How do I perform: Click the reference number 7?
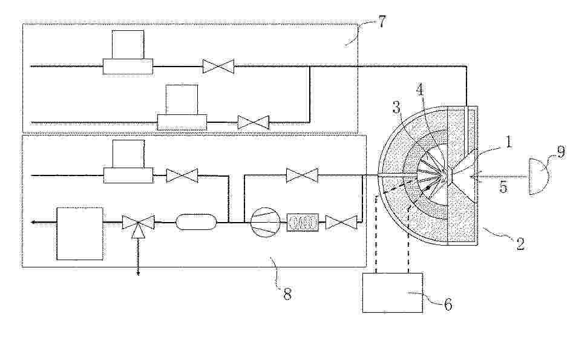click(x=381, y=22)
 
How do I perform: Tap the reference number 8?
click(x=287, y=293)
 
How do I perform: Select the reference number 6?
click(x=448, y=304)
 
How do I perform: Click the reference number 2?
click(x=520, y=243)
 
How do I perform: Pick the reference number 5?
click(x=503, y=187)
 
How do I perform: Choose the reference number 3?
click(x=396, y=107)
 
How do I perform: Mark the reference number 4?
click(x=421, y=90)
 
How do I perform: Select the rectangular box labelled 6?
click(x=393, y=293)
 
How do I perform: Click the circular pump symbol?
click(x=266, y=222)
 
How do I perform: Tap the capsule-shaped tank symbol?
click(x=197, y=222)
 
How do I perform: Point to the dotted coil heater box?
click(x=303, y=222)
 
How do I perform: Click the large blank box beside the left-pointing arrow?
click(x=80, y=234)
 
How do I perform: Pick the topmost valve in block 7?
click(x=218, y=66)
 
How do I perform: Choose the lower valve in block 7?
click(x=254, y=122)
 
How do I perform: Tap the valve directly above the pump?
click(x=302, y=175)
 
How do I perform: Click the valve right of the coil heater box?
click(x=341, y=222)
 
